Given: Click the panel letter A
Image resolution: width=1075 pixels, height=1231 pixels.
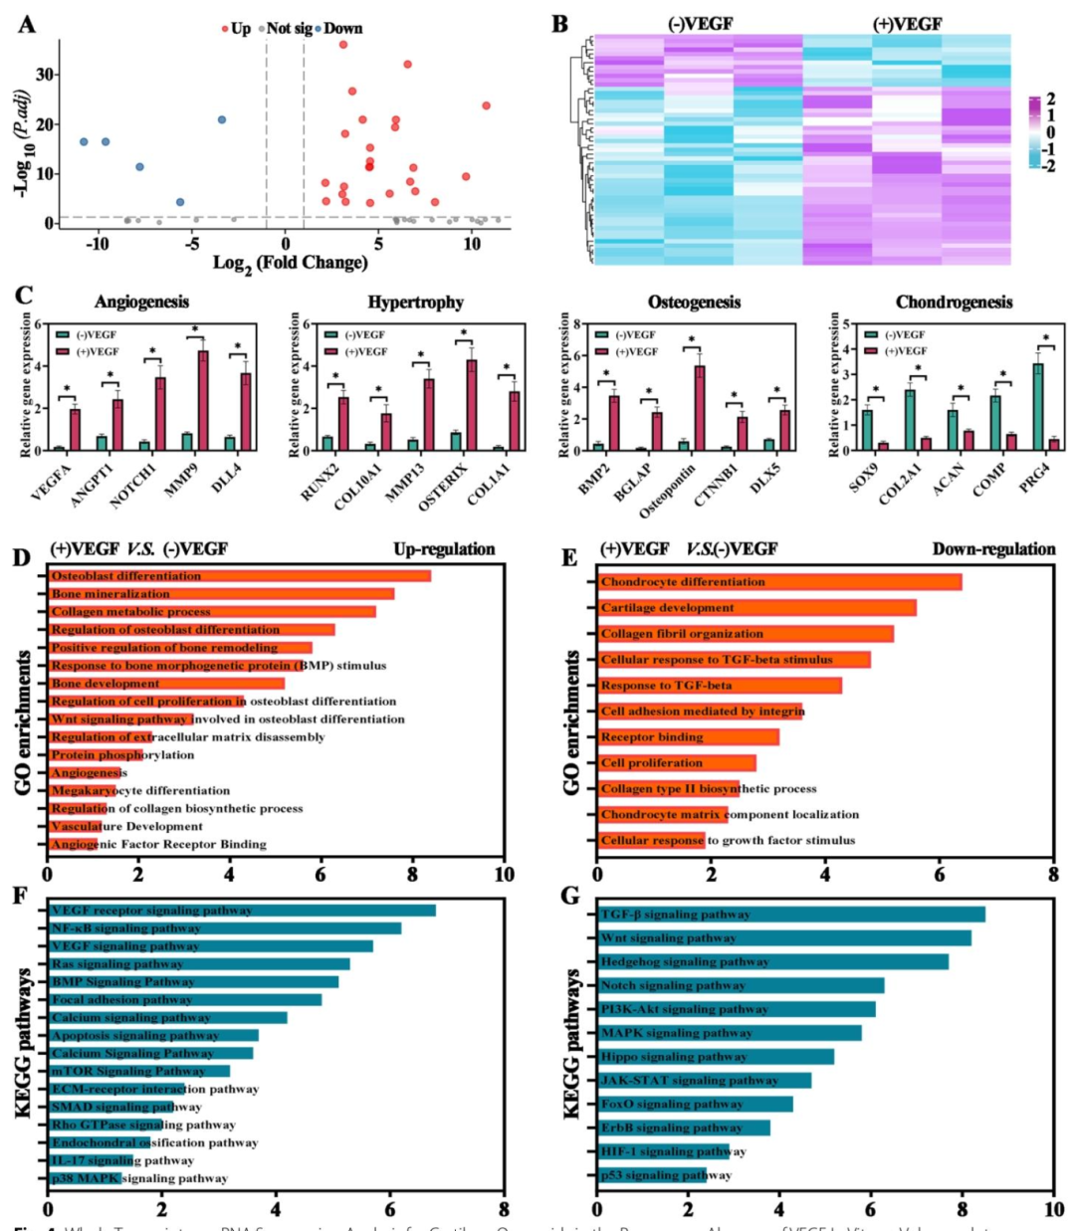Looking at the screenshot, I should pyautogui.click(x=27, y=24).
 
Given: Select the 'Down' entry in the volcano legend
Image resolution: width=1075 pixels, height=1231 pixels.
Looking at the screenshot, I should pyautogui.click(x=342, y=29).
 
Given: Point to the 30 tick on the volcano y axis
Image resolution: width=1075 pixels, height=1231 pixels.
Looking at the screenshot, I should pyautogui.click(x=45, y=74).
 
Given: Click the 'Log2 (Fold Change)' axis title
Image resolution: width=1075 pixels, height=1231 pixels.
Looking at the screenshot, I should pyautogui.click(x=290, y=263).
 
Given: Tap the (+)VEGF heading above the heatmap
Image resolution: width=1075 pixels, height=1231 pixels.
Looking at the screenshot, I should pyautogui.click(x=907, y=24).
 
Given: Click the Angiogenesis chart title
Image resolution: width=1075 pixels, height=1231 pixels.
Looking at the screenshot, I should pyautogui.click(x=141, y=302).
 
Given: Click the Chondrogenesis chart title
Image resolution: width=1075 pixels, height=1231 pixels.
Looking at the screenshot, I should pyautogui.click(x=954, y=302).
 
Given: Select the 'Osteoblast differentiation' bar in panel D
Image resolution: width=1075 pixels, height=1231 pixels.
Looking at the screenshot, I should pyautogui.click(x=239, y=576).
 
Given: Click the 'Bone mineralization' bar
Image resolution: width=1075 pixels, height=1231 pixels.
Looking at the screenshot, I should pyautogui.click(x=221, y=594).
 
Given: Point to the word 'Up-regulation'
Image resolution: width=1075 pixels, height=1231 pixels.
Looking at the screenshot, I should pyautogui.click(x=444, y=549).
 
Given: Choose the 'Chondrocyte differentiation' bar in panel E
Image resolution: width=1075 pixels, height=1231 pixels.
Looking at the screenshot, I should pyautogui.click(x=779, y=582).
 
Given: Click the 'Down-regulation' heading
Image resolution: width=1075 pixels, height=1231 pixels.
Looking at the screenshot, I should pyautogui.click(x=993, y=549).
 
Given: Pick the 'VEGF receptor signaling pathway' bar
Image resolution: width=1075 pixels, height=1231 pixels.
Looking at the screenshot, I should pyautogui.click(x=242, y=911).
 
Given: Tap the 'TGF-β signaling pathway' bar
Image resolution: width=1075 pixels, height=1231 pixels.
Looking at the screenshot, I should pyautogui.click(x=791, y=915).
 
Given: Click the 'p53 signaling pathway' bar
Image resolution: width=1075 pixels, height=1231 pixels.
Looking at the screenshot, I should pyautogui.click(x=652, y=1175).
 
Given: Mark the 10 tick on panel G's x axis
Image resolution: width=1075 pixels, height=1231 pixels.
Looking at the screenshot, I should pyautogui.click(x=1054, y=1210).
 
